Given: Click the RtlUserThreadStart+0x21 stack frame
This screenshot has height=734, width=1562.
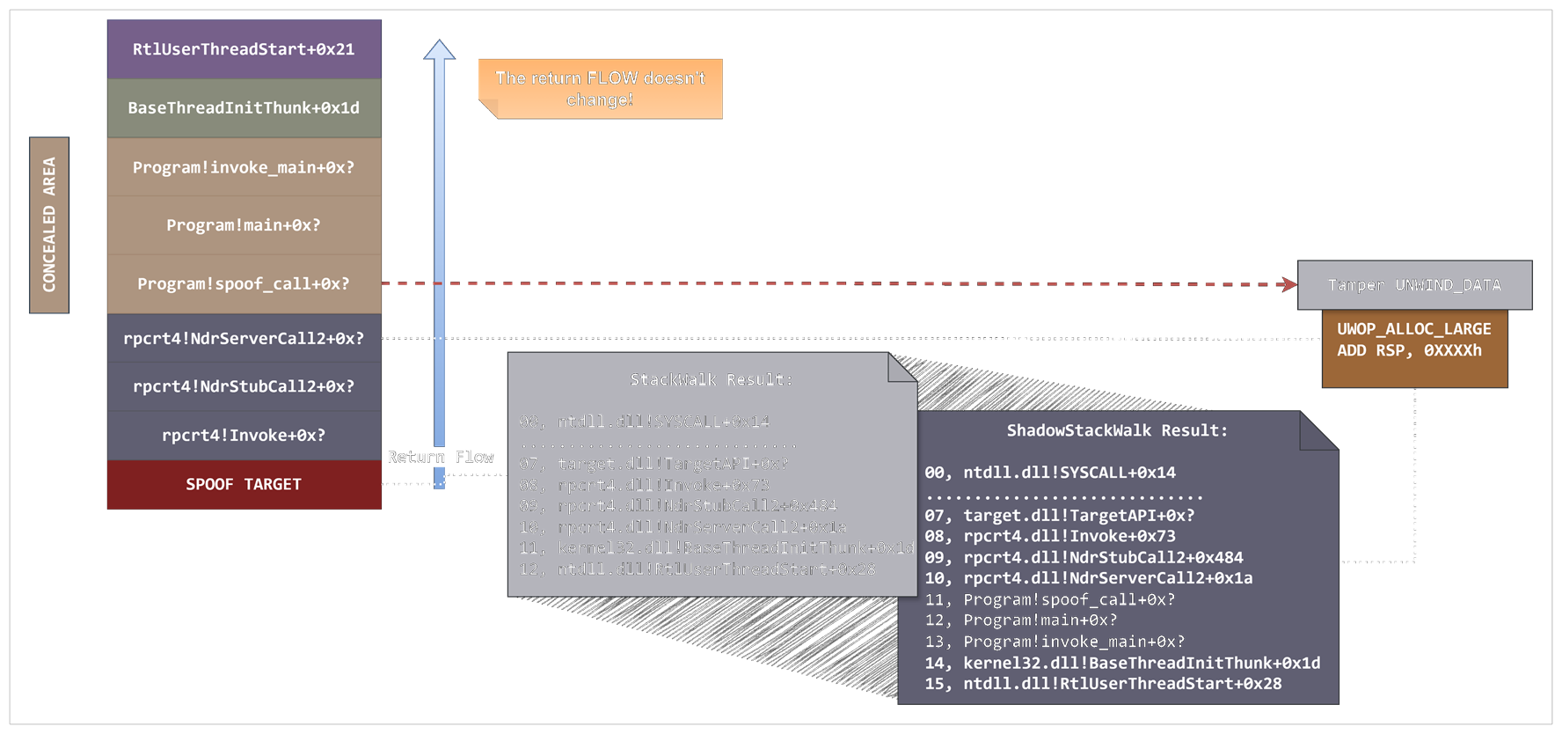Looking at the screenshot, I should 244,49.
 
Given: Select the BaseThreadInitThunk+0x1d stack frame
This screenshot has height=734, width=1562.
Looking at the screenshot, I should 244,108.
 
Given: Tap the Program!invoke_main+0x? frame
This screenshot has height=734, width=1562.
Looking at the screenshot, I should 244,167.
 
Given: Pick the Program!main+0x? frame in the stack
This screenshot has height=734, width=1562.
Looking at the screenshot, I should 244,225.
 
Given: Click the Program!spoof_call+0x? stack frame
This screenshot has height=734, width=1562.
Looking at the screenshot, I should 244,284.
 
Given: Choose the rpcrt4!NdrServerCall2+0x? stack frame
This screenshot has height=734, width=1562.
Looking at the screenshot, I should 244,339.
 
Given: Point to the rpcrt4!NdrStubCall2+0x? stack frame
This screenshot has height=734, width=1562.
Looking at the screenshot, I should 244,386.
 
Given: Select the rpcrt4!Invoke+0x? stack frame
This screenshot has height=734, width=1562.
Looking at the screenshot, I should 244,436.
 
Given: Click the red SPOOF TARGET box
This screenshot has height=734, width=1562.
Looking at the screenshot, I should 244,485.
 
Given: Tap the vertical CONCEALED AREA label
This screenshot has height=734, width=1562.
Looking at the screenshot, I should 49,225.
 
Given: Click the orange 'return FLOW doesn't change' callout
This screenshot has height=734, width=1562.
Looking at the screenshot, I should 600,89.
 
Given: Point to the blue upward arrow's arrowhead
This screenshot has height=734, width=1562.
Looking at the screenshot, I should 439,50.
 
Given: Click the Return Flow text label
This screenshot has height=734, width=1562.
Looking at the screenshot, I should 440,457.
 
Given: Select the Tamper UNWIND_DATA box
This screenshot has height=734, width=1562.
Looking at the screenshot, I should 1414,285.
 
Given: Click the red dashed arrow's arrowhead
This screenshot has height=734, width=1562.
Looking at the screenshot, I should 1289,284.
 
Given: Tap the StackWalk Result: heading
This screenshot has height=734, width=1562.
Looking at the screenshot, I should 711,379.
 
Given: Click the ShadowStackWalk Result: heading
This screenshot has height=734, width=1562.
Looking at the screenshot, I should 1116,430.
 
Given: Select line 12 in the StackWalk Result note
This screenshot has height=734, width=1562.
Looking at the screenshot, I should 697,569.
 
